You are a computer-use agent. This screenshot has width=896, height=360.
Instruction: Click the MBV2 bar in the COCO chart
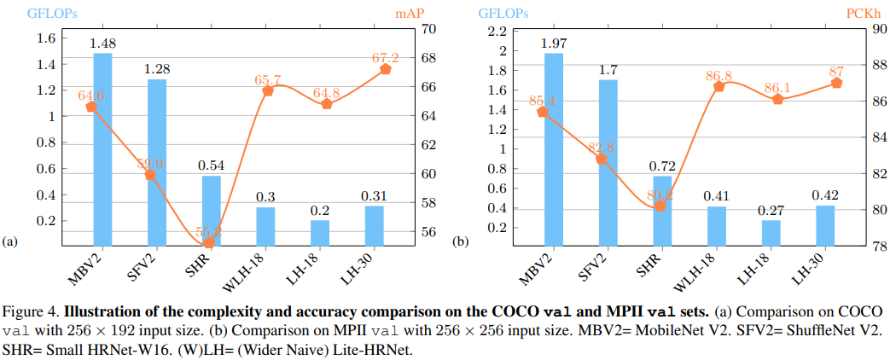click(102, 149)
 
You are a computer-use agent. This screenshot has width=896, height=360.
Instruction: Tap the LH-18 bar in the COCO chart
click(320, 233)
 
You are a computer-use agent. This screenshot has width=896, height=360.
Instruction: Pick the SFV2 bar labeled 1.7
click(608, 162)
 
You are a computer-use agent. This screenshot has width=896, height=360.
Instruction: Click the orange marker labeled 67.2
click(385, 69)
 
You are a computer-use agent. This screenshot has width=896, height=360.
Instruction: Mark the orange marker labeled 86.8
click(719, 86)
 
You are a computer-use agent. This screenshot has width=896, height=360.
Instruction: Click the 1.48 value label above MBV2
click(102, 44)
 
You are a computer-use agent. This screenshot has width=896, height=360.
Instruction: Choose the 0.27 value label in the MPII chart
click(771, 210)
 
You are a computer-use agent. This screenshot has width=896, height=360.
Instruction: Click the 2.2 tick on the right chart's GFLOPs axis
click(497, 32)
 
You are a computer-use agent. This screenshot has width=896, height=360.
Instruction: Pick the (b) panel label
click(461, 242)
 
